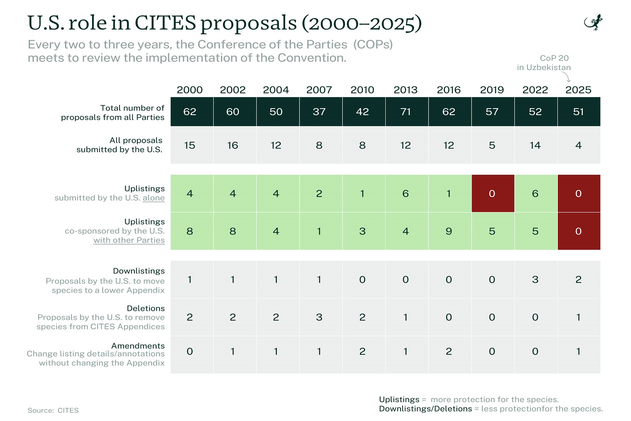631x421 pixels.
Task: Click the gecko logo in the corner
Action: tap(594, 23)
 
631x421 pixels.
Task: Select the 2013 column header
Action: tap(405, 90)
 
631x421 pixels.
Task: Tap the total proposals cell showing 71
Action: tap(405, 111)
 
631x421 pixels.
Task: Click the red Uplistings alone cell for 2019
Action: tap(492, 193)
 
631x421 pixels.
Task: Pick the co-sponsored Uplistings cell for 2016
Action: tap(449, 231)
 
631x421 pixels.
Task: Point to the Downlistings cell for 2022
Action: tap(535, 280)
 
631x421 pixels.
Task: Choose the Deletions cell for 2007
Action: tap(319, 317)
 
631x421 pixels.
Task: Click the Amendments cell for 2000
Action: tap(190, 352)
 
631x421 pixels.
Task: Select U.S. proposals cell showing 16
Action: tap(233, 145)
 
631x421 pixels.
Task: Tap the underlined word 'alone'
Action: tap(154, 198)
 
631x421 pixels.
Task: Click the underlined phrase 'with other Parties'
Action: tap(129, 240)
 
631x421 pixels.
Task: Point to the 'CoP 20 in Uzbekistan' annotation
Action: tap(544, 62)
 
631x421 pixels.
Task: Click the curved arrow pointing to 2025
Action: tap(567, 77)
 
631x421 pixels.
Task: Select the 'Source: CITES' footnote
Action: tap(53, 410)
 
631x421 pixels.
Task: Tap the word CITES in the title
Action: tap(166, 23)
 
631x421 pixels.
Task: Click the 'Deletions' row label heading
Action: tap(145, 308)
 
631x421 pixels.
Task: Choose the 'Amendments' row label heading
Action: tap(138, 346)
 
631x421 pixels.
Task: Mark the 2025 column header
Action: tap(578, 90)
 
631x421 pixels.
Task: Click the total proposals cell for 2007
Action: tap(319, 111)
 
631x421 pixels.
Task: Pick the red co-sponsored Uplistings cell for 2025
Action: tap(578, 231)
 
